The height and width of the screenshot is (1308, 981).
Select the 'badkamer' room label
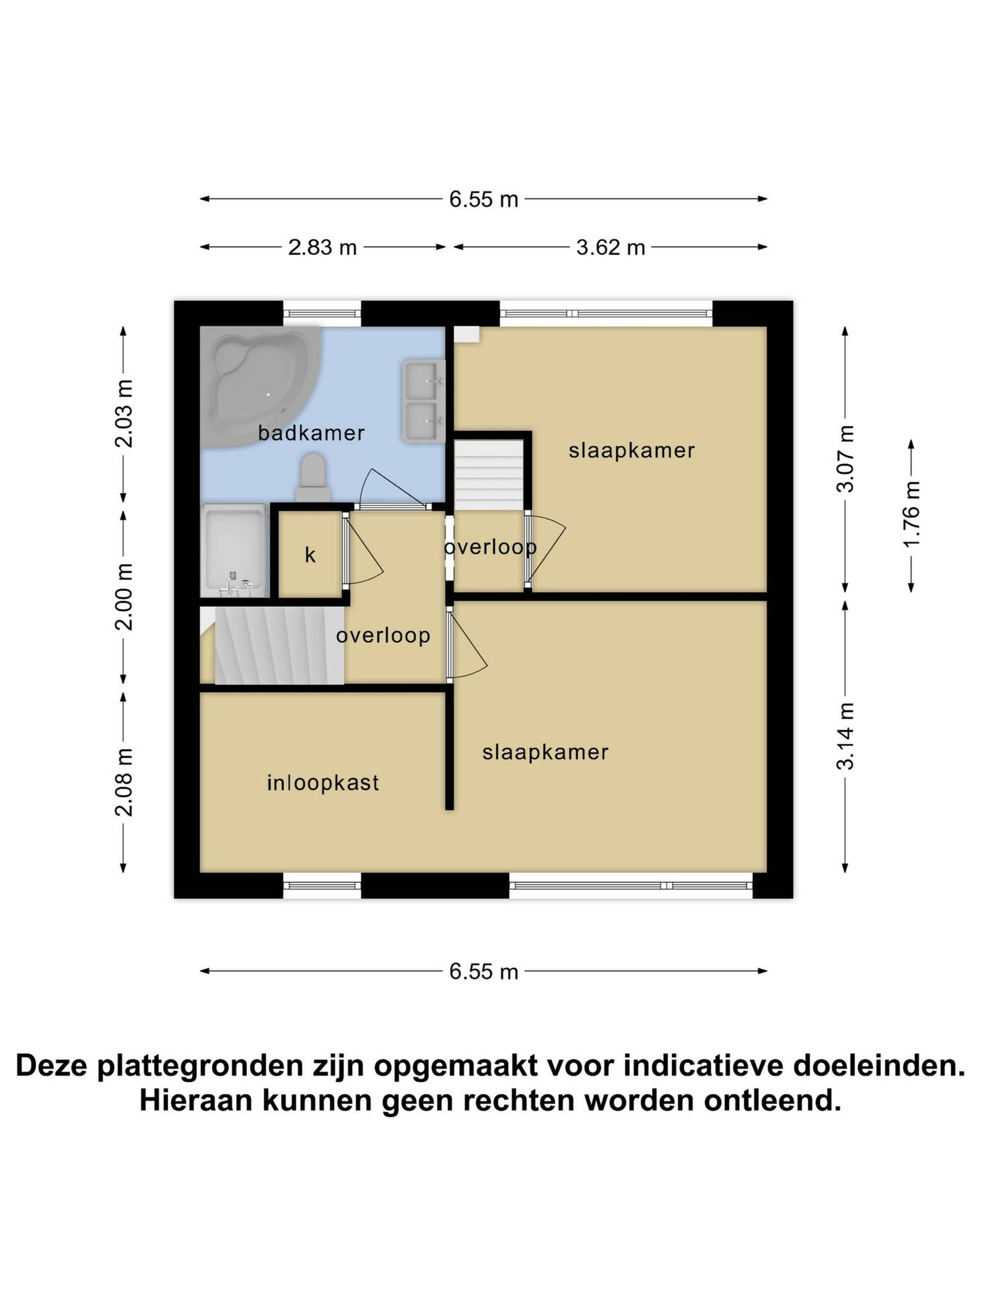click(x=311, y=433)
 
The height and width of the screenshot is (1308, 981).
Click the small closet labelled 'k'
click(x=310, y=555)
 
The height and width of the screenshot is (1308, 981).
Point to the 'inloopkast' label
click(x=323, y=783)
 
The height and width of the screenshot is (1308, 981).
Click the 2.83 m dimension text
click(x=322, y=247)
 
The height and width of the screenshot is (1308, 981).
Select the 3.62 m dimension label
click(x=610, y=247)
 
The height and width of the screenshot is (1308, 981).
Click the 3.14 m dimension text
click(x=845, y=736)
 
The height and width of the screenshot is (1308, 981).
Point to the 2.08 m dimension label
click(x=124, y=782)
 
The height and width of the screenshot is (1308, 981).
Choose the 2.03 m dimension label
click(x=124, y=414)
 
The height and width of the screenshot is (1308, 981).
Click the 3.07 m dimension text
click(x=845, y=459)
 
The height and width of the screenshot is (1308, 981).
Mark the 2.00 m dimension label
click(x=124, y=597)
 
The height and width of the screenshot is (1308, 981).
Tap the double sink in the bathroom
click(x=424, y=401)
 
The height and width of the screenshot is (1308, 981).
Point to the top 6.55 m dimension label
click(x=484, y=199)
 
